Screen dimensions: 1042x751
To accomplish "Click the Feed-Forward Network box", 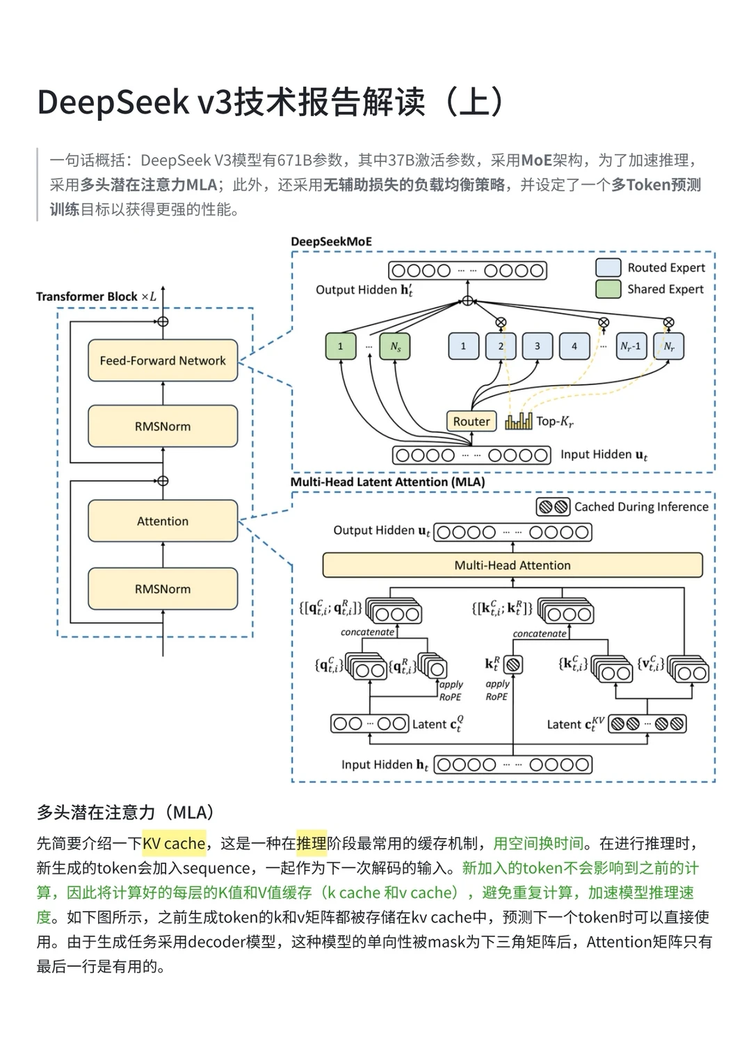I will [x=163, y=360].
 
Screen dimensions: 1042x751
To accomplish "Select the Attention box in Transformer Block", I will [x=163, y=521].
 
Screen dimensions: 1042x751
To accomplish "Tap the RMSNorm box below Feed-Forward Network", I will [x=163, y=426].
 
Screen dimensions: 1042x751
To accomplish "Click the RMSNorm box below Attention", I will [x=163, y=589].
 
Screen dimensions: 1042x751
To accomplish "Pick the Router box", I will [x=471, y=421].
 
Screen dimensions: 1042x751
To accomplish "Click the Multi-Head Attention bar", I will [x=512, y=565].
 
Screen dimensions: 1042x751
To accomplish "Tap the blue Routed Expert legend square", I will [x=608, y=268].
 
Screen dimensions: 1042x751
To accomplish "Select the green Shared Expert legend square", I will [x=608, y=289].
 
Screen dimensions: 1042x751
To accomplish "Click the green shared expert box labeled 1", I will [x=340, y=345].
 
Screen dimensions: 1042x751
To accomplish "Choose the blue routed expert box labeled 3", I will [x=537, y=345].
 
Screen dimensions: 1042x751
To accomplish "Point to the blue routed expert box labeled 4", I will [x=574, y=345].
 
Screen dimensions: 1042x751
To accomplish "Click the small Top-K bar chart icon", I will [x=519, y=421].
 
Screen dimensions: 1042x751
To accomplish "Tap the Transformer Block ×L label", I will [x=96, y=296].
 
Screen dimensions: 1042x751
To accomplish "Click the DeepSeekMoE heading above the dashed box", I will [x=331, y=241].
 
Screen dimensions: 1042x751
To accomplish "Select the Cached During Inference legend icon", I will [x=553, y=507].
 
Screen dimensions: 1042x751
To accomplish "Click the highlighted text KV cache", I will [x=174, y=843].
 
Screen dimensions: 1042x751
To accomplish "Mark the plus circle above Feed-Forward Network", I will [x=163, y=321].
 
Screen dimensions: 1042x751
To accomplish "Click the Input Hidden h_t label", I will [x=385, y=765].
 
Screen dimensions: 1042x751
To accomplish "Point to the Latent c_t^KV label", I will [x=574, y=724].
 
